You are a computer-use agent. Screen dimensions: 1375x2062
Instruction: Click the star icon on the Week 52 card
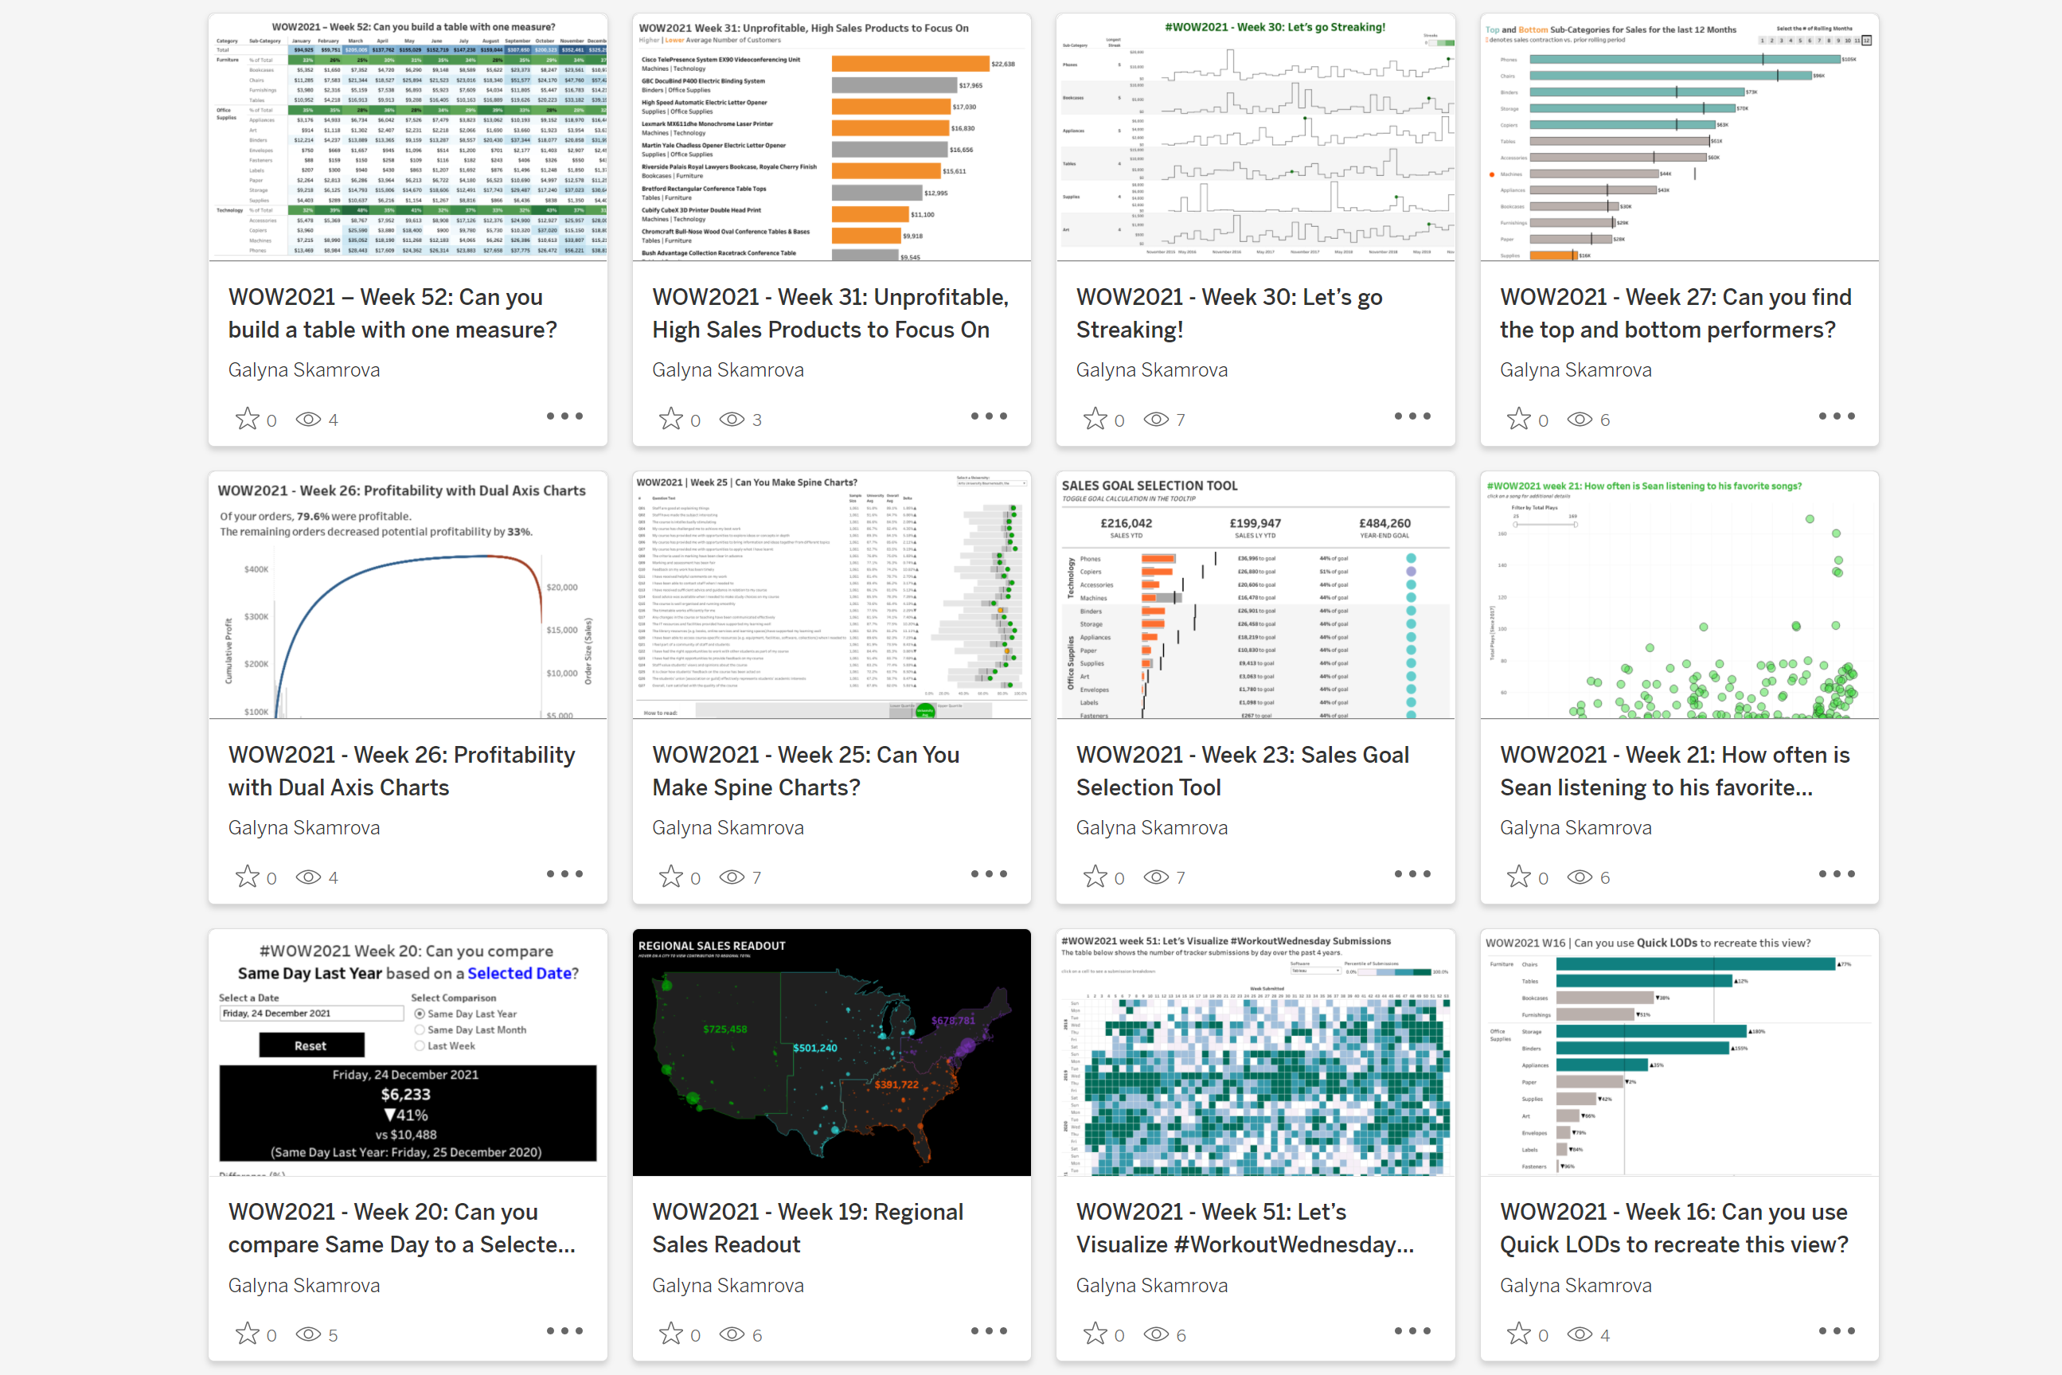[248, 419]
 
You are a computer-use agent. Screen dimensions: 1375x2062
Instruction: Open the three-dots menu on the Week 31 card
[988, 416]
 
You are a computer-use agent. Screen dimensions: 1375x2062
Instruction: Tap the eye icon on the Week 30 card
[1155, 419]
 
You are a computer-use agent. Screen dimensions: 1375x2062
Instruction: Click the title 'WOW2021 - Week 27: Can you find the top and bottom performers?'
[1674, 313]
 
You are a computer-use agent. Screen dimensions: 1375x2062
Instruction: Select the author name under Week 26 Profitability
[303, 828]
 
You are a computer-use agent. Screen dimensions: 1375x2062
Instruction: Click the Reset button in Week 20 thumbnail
[311, 1045]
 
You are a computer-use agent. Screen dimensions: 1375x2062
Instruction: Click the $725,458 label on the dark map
[724, 1029]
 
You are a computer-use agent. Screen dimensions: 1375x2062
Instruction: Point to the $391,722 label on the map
[896, 1084]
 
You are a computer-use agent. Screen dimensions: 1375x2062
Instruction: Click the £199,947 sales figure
[1255, 524]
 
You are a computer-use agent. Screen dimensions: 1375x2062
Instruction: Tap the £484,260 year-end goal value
[1384, 524]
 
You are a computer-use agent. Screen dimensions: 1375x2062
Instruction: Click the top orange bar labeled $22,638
[910, 64]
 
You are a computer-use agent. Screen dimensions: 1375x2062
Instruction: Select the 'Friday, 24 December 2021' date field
[311, 1014]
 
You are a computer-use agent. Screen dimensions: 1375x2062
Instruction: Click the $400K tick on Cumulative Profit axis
[256, 569]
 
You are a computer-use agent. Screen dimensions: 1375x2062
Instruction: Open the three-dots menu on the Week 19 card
[988, 1331]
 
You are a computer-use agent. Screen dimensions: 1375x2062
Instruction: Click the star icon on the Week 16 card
[1518, 1334]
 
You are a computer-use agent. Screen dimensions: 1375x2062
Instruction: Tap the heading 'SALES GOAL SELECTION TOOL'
[1150, 486]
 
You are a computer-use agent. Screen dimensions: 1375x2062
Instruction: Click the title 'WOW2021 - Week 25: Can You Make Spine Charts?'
[805, 771]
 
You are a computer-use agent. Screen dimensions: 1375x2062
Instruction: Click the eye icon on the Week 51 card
[1155, 1334]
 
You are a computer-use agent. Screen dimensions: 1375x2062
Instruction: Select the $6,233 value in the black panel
[406, 1095]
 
